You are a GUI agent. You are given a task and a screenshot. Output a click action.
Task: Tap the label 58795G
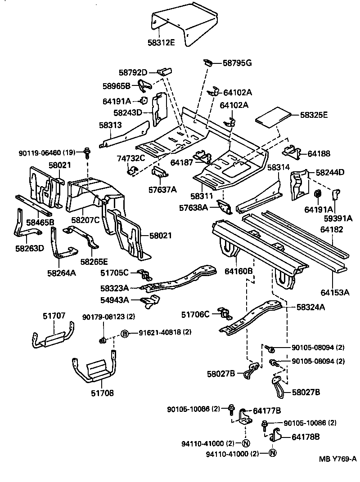click(x=237, y=63)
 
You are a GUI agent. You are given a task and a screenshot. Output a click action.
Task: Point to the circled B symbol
click(x=125, y=333)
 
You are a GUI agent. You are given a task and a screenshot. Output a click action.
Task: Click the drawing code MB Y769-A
click(x=338, y=459)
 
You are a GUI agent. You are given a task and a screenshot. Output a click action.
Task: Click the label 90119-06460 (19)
click(x=47, y=153)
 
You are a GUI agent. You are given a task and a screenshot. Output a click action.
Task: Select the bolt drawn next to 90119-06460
click(x=87, y=153)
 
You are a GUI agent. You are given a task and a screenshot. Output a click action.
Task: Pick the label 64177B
click(x=267, y=411)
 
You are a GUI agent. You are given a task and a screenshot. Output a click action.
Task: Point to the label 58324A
click(x=311, y=307)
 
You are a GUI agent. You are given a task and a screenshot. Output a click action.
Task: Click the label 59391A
click(x=338, y=219)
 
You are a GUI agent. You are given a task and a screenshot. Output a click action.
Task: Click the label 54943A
click(x=114, y=300)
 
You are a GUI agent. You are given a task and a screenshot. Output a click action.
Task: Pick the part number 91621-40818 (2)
click(x=165, y=333)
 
